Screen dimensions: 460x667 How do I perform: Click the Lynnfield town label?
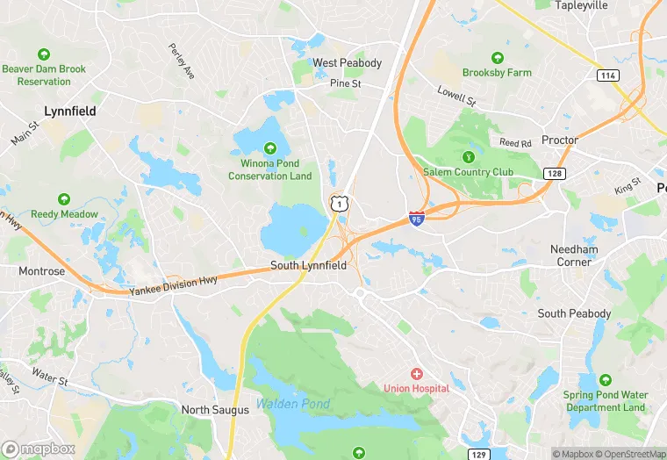70,111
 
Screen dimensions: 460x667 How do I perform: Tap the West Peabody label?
348,63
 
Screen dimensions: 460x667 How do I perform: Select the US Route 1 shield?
338,203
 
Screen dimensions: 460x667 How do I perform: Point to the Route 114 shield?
606,75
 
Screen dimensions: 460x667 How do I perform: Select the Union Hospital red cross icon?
416,374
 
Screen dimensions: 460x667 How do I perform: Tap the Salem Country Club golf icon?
468,157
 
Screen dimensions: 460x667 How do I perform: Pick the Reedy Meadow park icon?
64,199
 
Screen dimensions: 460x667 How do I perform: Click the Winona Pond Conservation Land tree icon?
269,148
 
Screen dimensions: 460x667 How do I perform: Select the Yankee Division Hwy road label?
173,285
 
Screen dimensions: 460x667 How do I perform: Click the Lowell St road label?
456,96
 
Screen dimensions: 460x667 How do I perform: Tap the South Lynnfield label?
308,265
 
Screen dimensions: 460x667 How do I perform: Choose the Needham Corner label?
574,255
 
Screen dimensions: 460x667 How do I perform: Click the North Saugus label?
210,410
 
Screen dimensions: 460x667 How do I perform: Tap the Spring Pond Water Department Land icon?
605,380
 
